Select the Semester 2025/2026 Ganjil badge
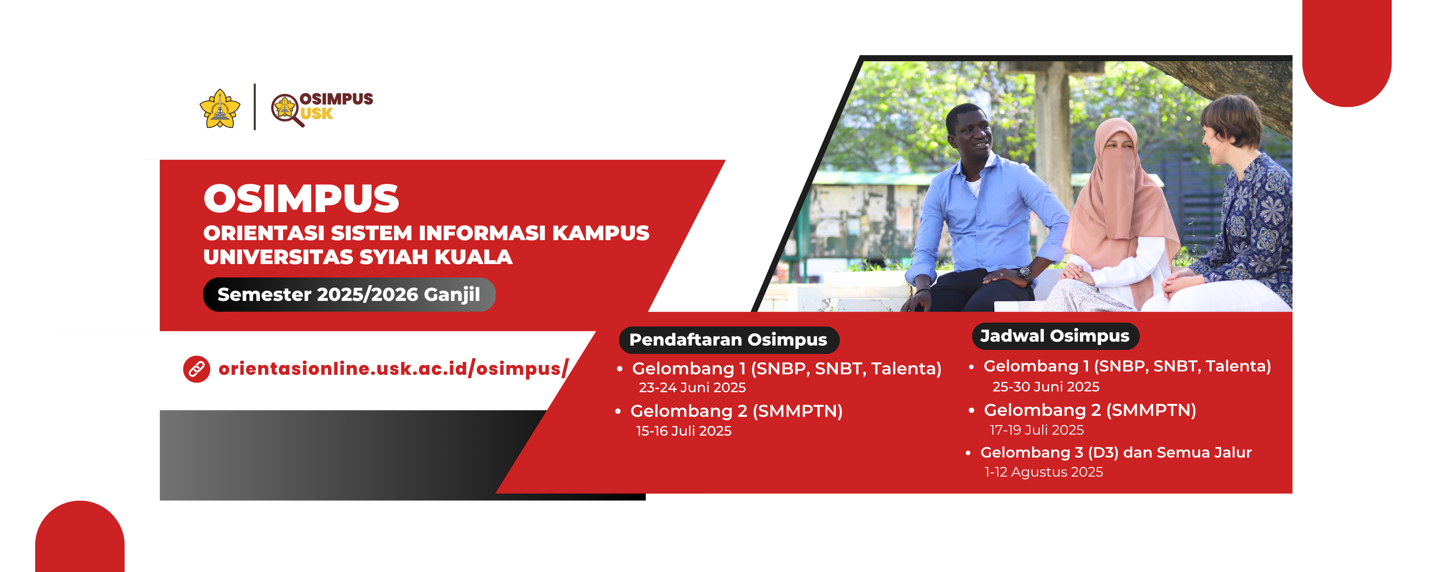pyautogui.click(x=349, y=294)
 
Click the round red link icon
pyautogui.click(x=196, y=369)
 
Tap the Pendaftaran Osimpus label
pyautogui.click(x=728, y=340)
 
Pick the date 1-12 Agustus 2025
pyautogui.click(x=1043, y=472)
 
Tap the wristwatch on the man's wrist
pyautogui.click(x=1025, y=274)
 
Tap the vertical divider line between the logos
pyautogui.click(x=255, y=107)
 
